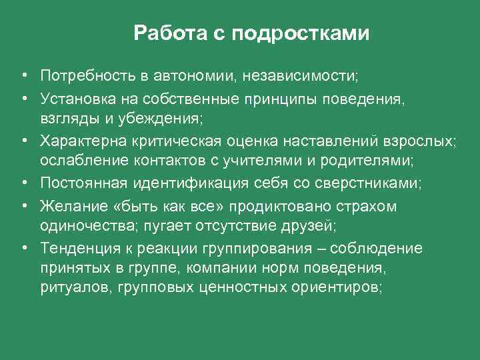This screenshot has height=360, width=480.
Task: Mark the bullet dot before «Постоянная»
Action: point(23,183)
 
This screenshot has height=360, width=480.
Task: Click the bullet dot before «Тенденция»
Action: point(23,249)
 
